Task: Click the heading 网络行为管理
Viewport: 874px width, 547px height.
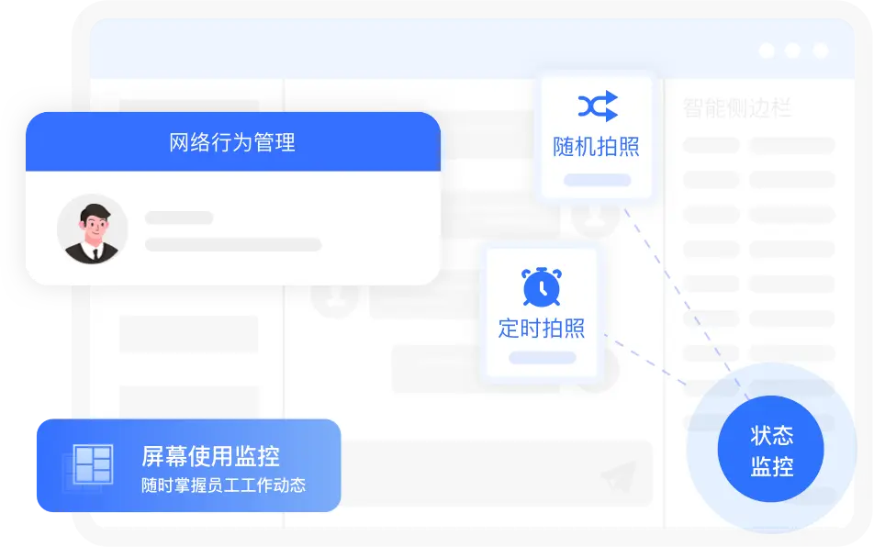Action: click(232, 142)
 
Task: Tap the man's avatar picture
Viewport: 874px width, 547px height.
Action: click(93, 229)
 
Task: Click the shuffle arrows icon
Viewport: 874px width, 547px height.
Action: click(598, 106)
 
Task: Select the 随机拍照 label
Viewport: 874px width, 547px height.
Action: click(596, 147)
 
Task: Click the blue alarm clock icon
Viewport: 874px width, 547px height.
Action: click(542, 287)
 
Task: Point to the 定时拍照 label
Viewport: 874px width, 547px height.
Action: click(542, 328)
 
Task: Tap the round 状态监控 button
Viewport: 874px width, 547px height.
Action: click(771, 449)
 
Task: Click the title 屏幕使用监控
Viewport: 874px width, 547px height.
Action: click(211, 456)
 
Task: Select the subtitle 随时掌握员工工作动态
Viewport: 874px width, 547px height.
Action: click(223, 486)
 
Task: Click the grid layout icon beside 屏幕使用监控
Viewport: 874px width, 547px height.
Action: click(93, 464)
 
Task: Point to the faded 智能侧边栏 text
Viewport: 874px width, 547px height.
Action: click(737, 107)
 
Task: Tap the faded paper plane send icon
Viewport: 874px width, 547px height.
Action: click(619, 476)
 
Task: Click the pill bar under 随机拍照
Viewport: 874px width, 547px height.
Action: click(597, 180)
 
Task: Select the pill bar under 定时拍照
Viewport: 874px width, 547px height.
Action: click(543, 358)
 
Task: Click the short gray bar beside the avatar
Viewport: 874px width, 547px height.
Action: click(179, 218)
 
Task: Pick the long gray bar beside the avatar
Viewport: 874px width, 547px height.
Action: click(233, 244)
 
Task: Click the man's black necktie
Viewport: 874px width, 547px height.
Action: click(95, 254)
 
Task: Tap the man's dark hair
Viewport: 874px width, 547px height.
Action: click(95, 213)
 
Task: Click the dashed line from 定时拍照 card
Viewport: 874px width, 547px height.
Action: click(645, 360)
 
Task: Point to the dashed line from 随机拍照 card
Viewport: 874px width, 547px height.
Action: click(687, 304)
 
